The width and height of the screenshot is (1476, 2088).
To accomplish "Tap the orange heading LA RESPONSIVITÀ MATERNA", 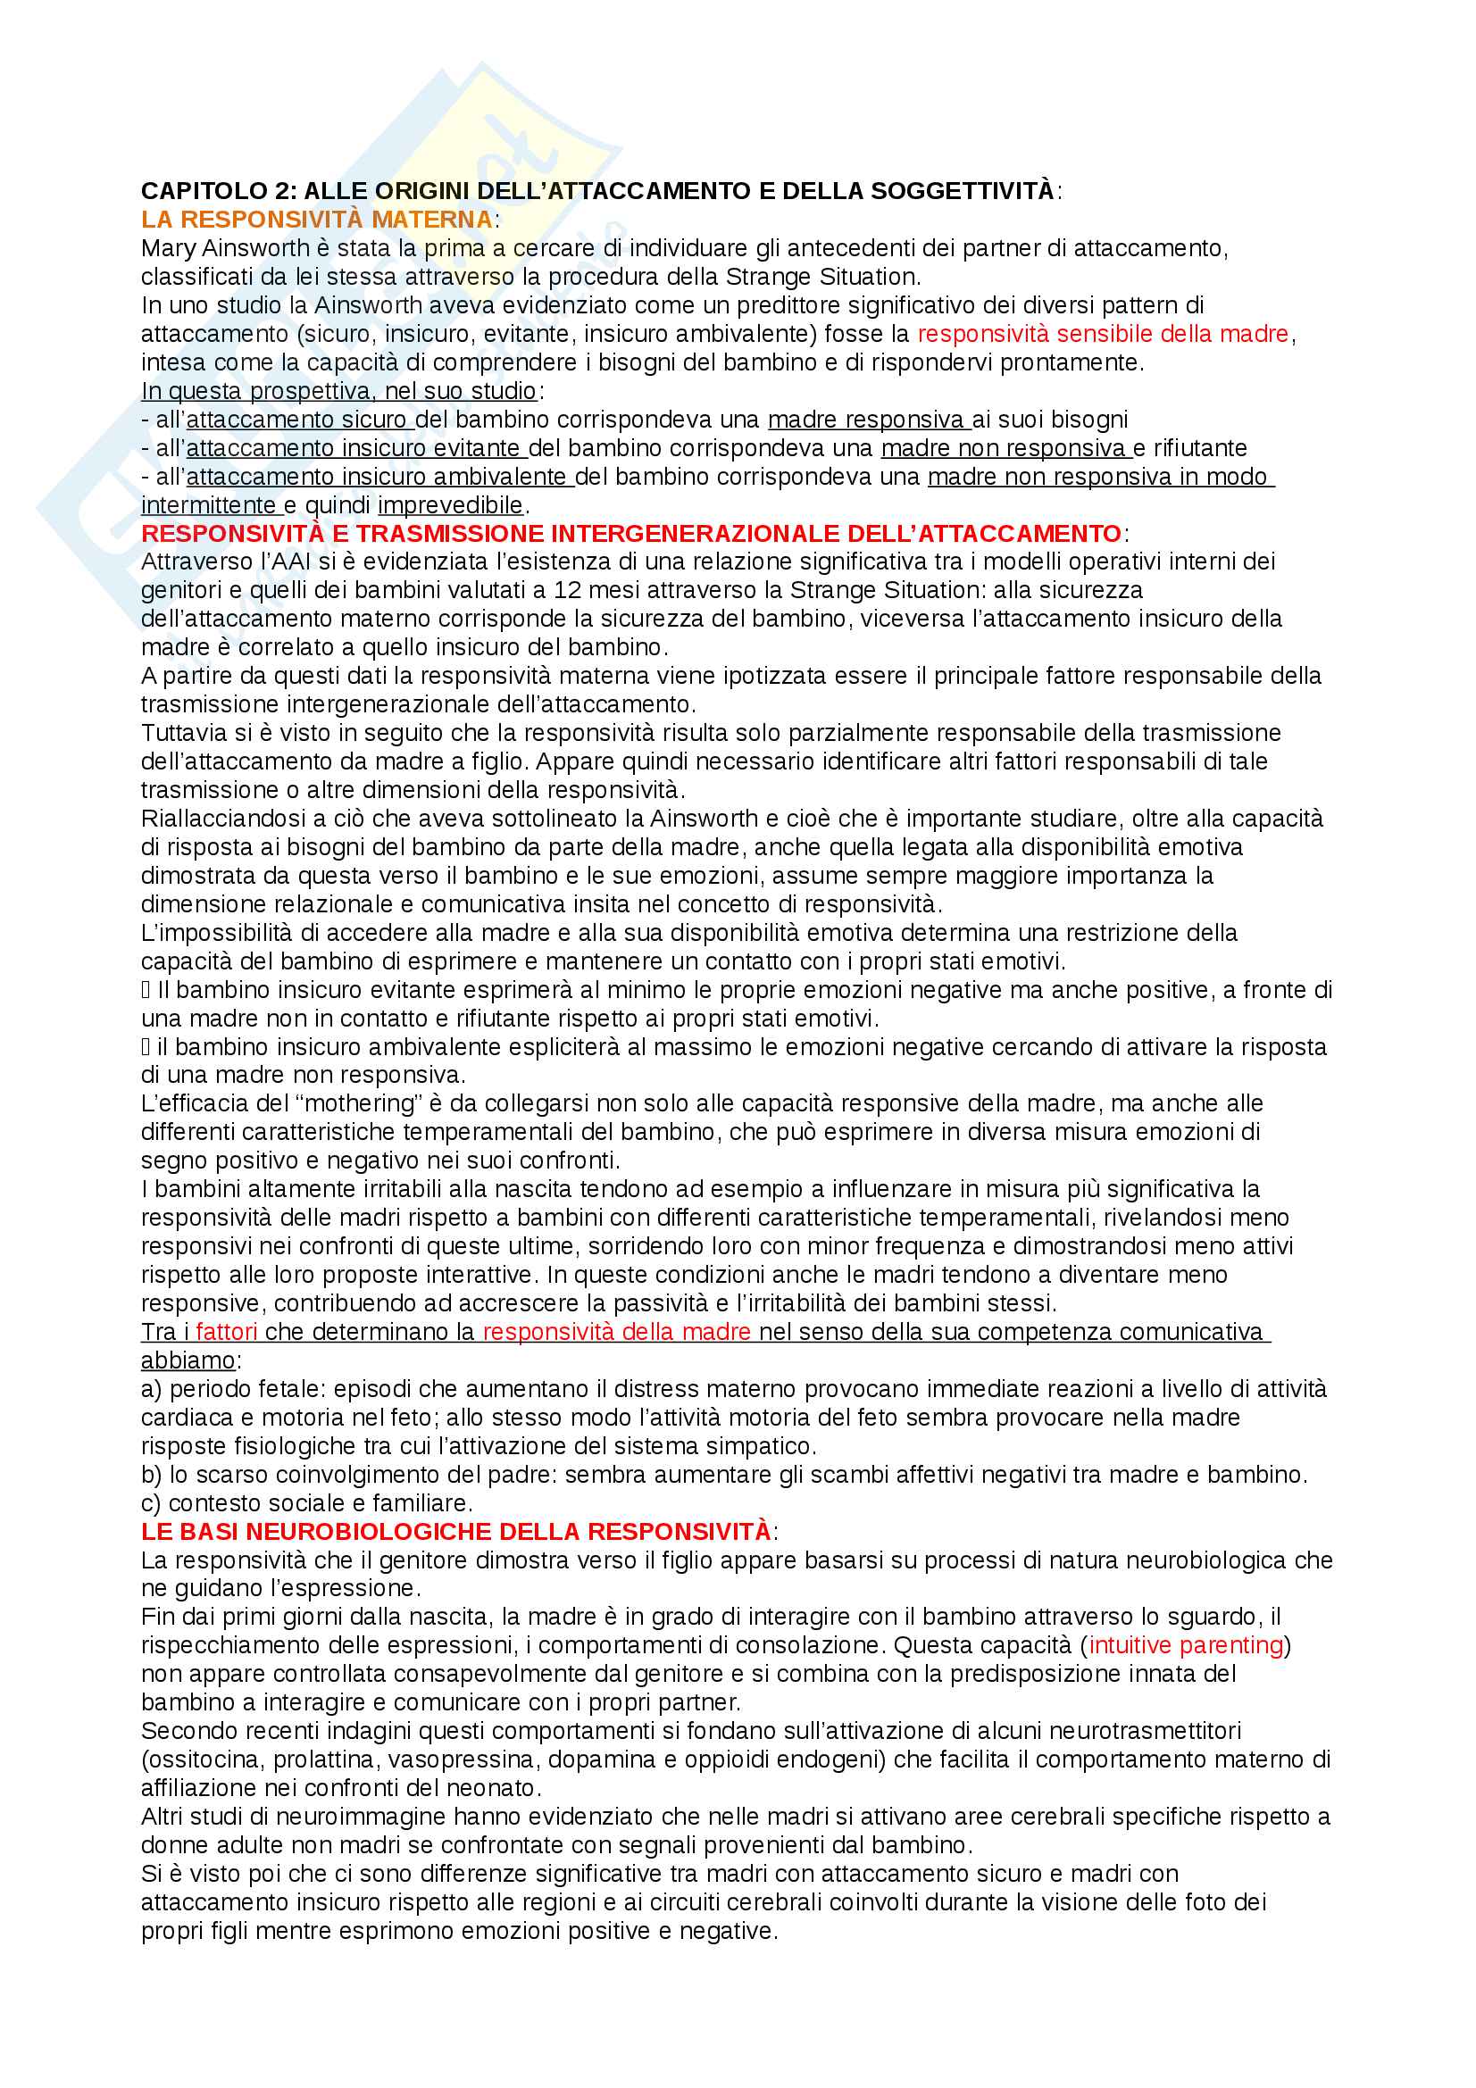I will pos(316,220).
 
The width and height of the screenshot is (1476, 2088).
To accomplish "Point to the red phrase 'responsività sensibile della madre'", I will pos(1103,334).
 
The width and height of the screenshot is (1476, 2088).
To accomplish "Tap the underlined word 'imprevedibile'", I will pos(451,504).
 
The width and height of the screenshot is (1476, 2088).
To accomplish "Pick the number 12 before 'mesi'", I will pos(568,590).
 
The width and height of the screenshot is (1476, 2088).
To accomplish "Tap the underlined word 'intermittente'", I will pos(208,504).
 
